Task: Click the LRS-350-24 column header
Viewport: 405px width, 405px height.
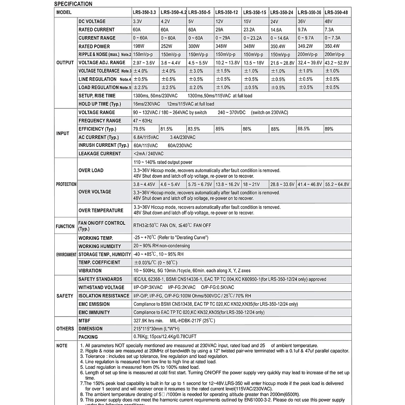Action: coord(281,12)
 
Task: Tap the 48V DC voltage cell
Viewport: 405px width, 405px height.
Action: coord(328,21)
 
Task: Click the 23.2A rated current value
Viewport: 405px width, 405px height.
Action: coord(249,30)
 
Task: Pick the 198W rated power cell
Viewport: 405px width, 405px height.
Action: coord(138,46)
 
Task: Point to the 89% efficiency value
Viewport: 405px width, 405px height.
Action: coord(329,129)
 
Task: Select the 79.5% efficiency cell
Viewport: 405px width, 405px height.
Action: coord(139,129)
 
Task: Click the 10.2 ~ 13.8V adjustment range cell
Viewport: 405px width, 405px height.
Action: coord(227,63)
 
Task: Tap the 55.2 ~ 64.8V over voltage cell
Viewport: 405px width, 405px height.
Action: coord(337,184)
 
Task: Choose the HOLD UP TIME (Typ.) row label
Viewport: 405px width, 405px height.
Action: coord(100,104)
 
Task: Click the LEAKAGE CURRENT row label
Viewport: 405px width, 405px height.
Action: coord(100,154)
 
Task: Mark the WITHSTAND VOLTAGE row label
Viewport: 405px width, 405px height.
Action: coord(101,288)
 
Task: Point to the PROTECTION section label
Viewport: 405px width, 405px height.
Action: coord(66,184)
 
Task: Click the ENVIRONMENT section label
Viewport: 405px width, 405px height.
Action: coord(66,254)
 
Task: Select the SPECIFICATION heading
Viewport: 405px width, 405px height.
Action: coord(73,4)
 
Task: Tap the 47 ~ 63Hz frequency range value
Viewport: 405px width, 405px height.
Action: coord(143,120)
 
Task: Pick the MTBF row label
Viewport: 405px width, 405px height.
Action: coord(84,321)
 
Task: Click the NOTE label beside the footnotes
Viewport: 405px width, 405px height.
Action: coord(62,346)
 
